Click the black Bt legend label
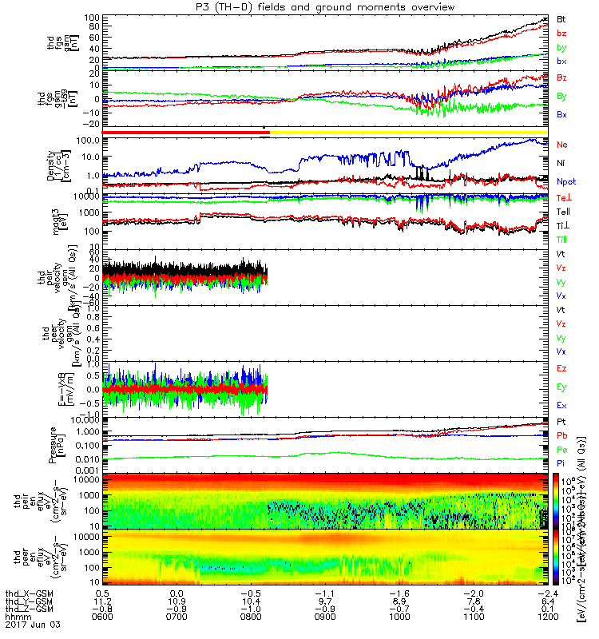click(561, 19)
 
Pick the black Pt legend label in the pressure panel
click(561, 421)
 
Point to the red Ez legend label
click(561, 369)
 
